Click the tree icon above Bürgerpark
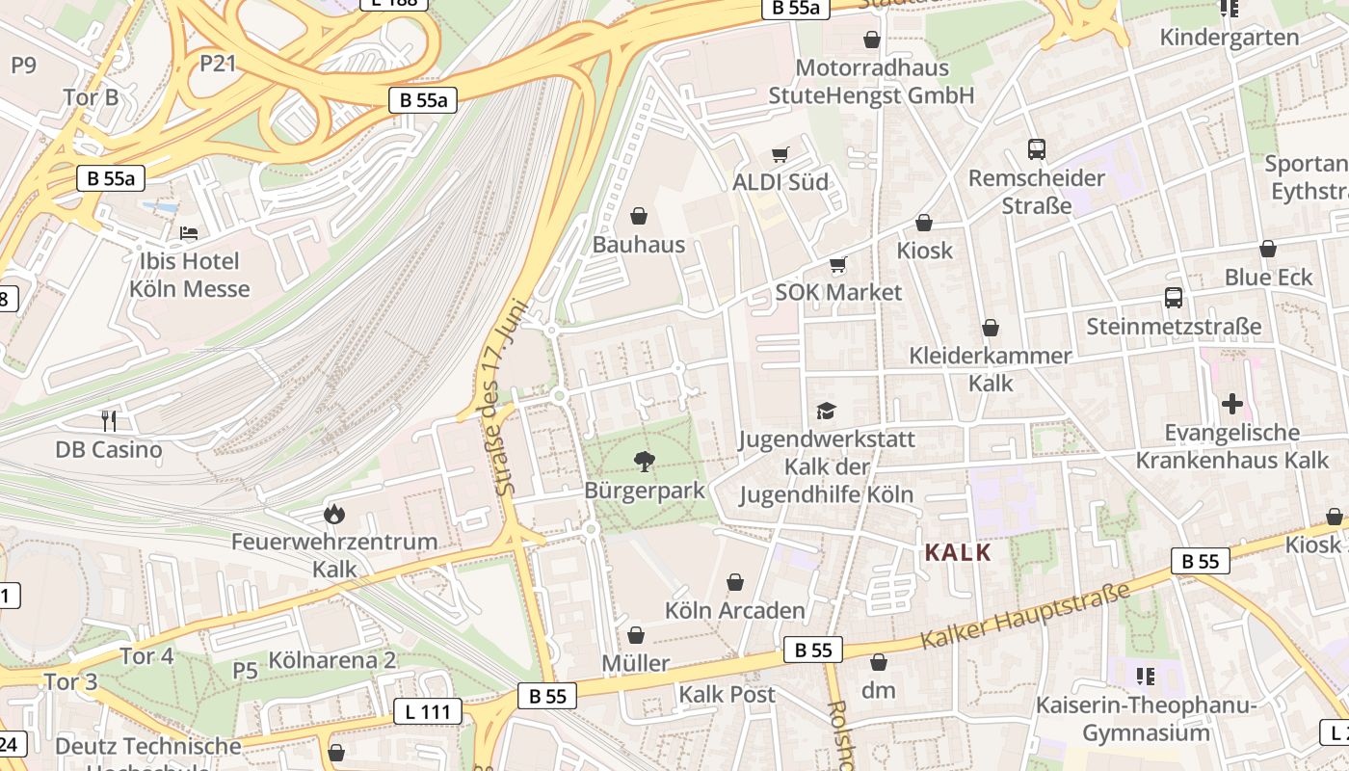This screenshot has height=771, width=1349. click(x=644, y=462)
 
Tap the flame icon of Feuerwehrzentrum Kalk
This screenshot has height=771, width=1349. click(x=334, y=514)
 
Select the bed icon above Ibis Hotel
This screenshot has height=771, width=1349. click(x=189, y=233)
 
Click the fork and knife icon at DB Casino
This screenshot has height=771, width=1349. click(x=109, y=420)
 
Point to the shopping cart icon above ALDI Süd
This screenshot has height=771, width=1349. click(x=780, y=154)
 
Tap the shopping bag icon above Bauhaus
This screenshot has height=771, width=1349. click(x=638, y=216)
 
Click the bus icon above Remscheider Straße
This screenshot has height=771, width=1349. click(x=1037, y=149)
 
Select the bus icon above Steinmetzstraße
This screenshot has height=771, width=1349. click(x=1173, y=298)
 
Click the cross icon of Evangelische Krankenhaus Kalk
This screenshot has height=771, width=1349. click(x=1231, y=404)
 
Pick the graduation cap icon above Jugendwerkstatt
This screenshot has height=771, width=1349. click(x=826, y=412)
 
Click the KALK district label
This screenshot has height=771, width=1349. click(x=958, y=552)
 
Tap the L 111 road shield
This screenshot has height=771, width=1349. click(x=428, y=712)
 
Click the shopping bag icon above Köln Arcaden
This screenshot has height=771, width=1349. click(x=735, y=582)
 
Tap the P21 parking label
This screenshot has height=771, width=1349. click(x=218, y=63)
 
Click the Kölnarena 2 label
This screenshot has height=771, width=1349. click(x=332, y=660)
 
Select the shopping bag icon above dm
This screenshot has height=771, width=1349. click(x=878, y=662)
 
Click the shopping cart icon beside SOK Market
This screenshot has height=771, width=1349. click(x=838, y=264)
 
